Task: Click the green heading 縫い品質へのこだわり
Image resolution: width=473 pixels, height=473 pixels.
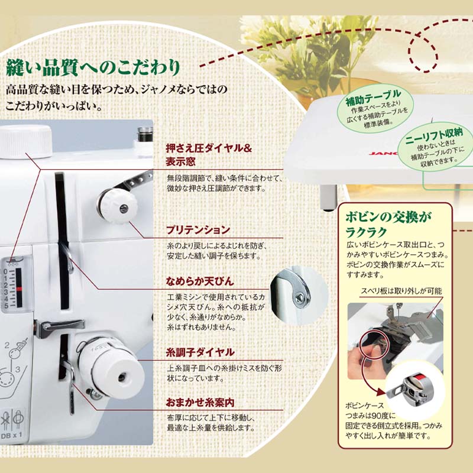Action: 93,67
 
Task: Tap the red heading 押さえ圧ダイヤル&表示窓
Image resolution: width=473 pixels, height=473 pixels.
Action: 209,155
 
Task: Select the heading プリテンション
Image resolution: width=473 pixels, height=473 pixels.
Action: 198,230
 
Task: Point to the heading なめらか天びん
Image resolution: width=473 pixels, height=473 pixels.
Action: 200,281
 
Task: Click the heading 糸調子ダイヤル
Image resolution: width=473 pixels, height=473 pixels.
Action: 200,352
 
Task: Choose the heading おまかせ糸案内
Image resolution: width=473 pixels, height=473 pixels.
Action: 200,403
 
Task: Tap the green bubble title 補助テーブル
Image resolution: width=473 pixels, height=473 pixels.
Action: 373,97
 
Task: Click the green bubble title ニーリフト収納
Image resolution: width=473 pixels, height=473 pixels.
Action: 434,135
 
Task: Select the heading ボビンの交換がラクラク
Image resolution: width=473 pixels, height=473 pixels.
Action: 388,224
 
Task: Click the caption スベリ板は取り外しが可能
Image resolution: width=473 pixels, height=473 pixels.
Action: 401,291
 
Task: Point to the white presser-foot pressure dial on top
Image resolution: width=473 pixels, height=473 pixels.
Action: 26,141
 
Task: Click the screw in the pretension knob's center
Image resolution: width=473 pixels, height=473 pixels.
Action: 124,208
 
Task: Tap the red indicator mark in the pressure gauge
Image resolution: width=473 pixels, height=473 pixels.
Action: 19,289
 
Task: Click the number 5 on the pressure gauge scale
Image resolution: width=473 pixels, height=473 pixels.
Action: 6,306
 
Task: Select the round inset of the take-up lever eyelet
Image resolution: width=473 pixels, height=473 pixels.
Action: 299,294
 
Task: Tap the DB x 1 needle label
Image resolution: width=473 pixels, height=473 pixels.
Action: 11,435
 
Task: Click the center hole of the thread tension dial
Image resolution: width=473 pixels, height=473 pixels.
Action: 122,377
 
